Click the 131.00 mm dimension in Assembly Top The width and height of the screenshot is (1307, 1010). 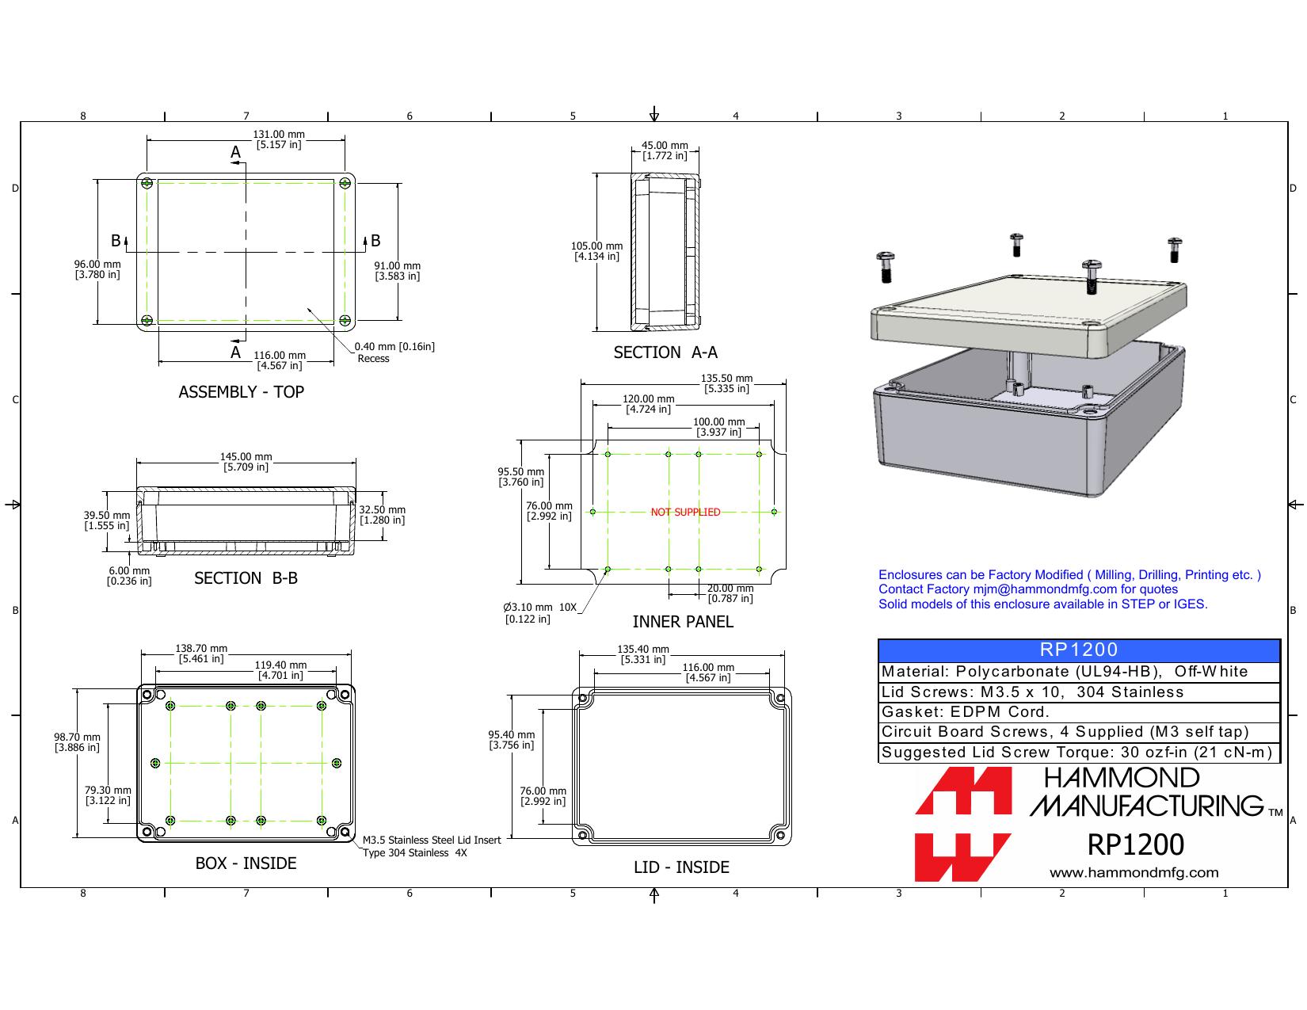point(279,139)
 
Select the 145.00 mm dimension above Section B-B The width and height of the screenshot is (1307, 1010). point(246,461)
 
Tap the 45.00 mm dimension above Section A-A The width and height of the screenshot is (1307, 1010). point(665,151)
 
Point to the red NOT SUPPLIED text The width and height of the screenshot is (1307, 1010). point(685,512)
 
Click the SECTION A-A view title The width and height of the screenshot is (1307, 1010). point(665,353)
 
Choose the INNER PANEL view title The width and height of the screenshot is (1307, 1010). point(683,622)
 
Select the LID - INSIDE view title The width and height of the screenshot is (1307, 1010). point(681,867)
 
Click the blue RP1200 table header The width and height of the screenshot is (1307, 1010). point(1078,650)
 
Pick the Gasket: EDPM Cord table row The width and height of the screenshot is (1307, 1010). point(1078,712)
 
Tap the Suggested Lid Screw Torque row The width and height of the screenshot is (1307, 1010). point(1078,753)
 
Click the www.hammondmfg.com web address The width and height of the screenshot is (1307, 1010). point(1134,873)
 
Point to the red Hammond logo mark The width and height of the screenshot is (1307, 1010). point(963,824)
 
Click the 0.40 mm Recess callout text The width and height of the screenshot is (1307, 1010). point(394,353)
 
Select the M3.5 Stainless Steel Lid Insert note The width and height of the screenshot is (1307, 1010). point(431,846)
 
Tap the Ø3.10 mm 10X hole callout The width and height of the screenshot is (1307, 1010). point(539,613)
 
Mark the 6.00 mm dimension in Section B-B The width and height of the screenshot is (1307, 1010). point(129,576)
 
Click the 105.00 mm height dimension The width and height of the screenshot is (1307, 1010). point(596,251)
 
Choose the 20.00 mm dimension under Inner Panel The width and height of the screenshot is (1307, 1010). point(730,593)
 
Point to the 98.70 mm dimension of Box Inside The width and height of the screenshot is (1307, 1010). point(77,742)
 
